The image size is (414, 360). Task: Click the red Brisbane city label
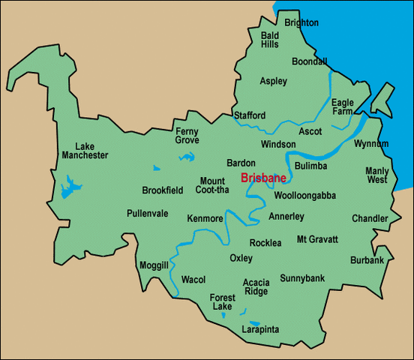(x=262, y=178)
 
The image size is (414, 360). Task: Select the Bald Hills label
(x=270, y=40)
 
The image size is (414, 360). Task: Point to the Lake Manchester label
(x=92, y=151)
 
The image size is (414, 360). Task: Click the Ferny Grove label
(x=187, y=135)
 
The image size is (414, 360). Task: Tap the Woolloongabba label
(x=304, y=196)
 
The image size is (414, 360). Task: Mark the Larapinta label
(x=260, y=329)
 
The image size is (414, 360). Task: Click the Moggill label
(x=154, y=265)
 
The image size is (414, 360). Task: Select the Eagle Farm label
(x=343, y=106)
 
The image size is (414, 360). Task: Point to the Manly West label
(x=377, y=175)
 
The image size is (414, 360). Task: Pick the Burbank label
(x=367, y=260)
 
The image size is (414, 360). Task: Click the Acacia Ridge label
(x=256, y=286)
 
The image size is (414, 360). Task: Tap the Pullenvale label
(x=147, y=213)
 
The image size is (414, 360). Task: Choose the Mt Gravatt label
(x=318, y=239)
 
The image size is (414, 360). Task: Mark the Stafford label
(x=249, y=115)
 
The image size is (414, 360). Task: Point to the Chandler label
(x=370, y=219)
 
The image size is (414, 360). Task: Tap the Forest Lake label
(x=222, y=302)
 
